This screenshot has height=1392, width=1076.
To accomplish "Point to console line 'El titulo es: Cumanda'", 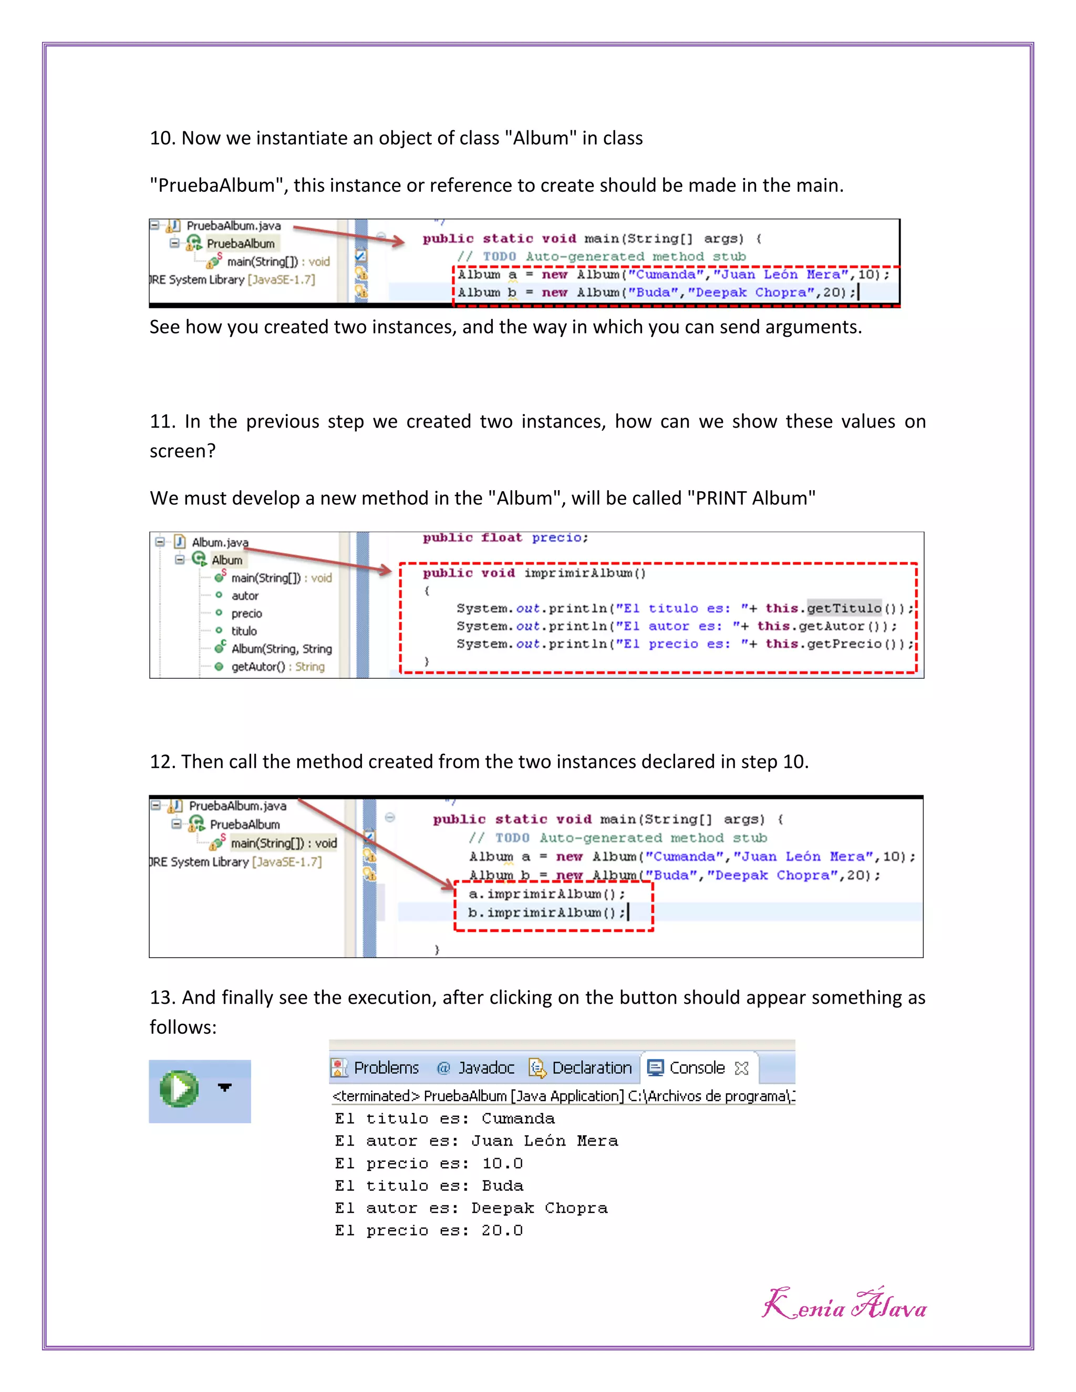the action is pos(445,1118).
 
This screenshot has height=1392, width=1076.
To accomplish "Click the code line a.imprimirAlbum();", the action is pos(546,894).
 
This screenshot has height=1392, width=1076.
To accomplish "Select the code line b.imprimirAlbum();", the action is pos(546,913).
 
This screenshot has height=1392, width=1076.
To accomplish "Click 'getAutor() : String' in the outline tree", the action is pos(277,667).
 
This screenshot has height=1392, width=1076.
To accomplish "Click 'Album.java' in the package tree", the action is pos(220,543).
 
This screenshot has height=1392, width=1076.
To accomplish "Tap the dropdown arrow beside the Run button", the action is pos(224,1087).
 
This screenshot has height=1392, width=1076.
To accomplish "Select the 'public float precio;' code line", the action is pos(505,538).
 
